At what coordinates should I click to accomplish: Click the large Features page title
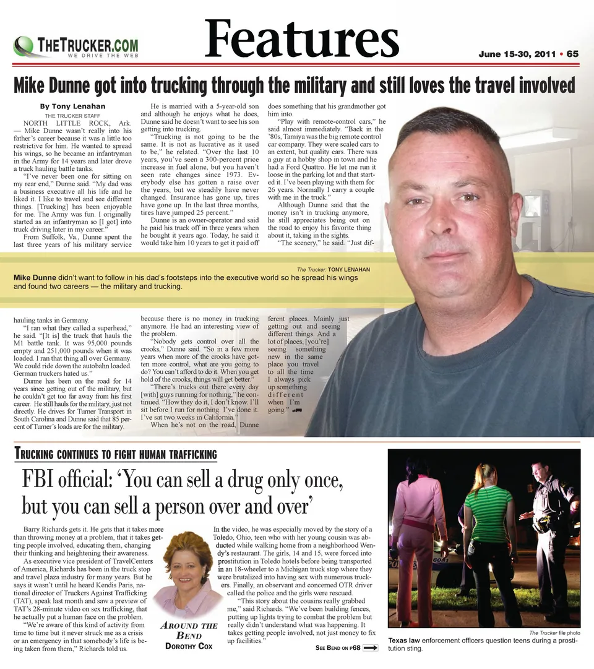point(301,38)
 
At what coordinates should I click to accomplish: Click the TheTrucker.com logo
point(75,47)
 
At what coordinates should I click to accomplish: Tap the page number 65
point(572,54)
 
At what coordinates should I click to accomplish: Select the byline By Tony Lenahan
point(73,106)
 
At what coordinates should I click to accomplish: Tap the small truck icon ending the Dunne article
point(297,410)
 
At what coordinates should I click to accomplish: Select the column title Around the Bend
point(188,630)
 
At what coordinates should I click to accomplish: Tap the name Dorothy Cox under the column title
point(188,646)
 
